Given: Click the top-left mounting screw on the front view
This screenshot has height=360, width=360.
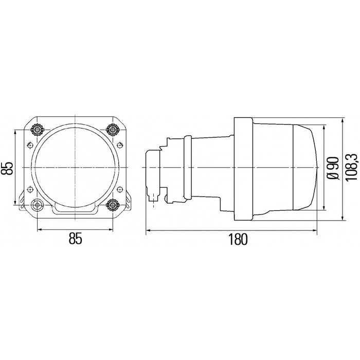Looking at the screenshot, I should pos(37,128).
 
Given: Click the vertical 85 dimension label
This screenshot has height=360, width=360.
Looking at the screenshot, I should pos(8,168).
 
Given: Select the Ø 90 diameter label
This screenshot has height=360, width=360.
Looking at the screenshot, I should pos(332,168).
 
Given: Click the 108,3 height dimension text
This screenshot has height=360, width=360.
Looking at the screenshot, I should pos(351,168).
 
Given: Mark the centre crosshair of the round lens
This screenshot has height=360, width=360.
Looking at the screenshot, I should pos(75,168).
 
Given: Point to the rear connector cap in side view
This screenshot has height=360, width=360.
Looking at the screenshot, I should pos(153,168).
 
